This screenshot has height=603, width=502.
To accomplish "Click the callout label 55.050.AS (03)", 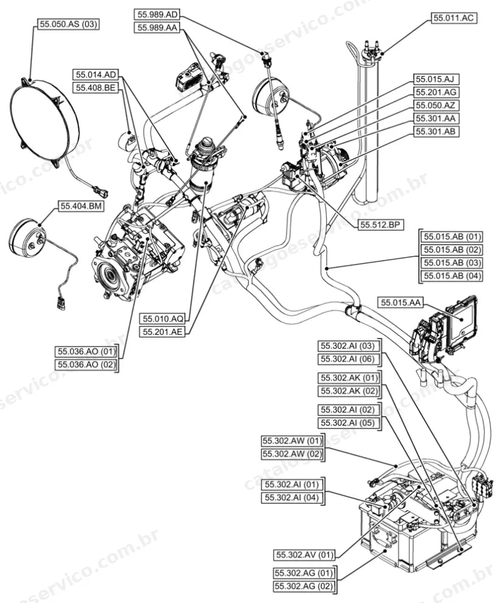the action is tap(68, 24).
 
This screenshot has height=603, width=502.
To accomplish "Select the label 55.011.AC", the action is tap(454, 18).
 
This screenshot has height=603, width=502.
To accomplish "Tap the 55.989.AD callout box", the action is tap(158, 15).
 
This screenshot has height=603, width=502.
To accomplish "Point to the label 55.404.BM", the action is tap(81, 206).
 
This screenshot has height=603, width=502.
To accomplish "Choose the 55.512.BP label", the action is tap(381, 225).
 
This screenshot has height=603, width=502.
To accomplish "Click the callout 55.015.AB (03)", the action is tap(452, 263).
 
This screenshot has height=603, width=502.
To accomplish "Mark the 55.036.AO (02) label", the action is tap(86, 364).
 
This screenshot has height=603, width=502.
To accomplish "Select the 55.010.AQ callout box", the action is tap(163, 319).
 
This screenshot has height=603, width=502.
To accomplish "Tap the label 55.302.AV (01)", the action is tap(305, 555).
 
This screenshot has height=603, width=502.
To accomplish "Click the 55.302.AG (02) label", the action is tap(304, 586).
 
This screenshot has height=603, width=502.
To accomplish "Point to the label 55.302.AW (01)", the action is tap(292, 441).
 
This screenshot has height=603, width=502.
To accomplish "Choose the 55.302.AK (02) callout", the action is tap(349, 391).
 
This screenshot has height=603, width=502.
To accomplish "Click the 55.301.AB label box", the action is tap(436, 131).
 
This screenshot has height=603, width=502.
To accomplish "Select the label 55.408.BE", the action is tap(96, 88).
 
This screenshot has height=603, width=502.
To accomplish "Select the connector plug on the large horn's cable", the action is tap(99, 191).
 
